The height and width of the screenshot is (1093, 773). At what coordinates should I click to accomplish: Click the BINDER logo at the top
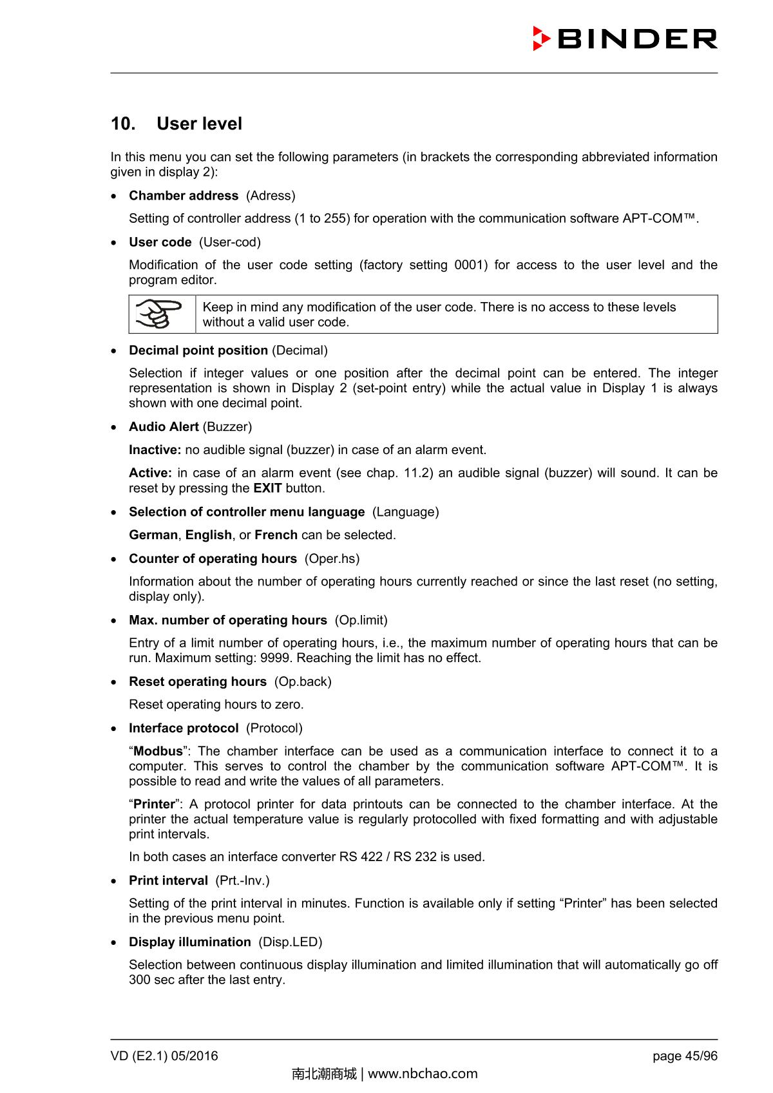pyautogui.click(x=625, y=39)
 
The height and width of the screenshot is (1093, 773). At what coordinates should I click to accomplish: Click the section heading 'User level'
pyautogui.click(x=199, y=124)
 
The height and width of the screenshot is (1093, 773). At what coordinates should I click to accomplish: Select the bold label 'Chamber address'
pyautogui.click(x=184, y=196)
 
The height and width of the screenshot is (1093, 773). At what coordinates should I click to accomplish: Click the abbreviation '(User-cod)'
pyautogui.click(x=230, y=242)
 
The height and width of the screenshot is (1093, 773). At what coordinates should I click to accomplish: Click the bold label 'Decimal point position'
pyautogui.click(x=198, y=350)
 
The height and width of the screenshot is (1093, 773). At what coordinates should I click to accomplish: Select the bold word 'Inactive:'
pyautogui.click(x=155, y=450)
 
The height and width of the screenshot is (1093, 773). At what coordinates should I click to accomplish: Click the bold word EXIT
pyautogui.click(x=267, y=488)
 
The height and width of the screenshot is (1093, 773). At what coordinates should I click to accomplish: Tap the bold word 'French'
pyautogui.click(x=276, y=535)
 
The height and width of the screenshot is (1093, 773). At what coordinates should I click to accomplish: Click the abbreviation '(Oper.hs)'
pyautogui.click(x=332, y=559)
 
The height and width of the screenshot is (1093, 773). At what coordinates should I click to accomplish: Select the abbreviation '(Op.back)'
pyautogui.click(x=303, y=681)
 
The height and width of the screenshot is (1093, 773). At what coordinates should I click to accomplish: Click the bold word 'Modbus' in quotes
pyautogui.click(x=158, y=752)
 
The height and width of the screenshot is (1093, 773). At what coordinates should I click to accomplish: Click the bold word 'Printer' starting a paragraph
pyautogui.click(x=154, y=804)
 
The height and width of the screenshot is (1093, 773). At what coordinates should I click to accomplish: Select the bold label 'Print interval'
pyautogui.click(x=168, y=880)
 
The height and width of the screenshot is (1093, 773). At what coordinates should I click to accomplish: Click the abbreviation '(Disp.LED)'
pyautogui.click(x=291, y=942)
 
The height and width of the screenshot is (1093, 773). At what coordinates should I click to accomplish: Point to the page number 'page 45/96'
pyautogui.click(x=685, y=1056)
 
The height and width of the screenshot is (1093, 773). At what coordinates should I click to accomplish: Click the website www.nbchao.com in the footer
pyautogui.click(x=423, y=1074)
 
